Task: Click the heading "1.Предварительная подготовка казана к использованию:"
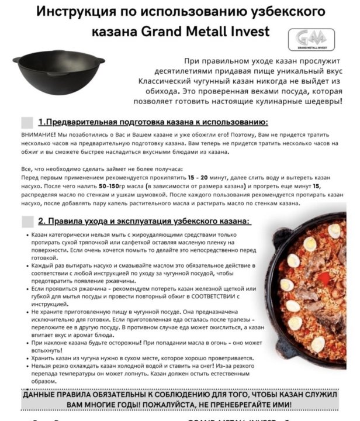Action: point(153,122)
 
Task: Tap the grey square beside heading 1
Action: point(27,122)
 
